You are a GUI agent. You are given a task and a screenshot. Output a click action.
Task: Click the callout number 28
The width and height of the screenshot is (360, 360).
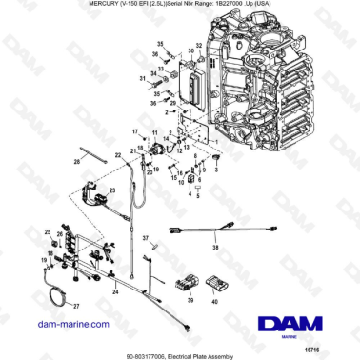(x=78, y=163)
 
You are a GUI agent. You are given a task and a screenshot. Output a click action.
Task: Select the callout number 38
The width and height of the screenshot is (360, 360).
(x=215, y=246)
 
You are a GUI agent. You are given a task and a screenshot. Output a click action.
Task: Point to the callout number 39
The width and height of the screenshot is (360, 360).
(x=190, y=301)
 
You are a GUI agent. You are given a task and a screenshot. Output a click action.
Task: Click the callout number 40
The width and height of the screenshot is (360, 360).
(x=214, y=301)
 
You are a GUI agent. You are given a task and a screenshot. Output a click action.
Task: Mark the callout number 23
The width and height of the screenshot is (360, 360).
(x=112, y=191)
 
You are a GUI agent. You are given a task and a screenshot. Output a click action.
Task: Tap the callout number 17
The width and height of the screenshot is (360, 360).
(x=135, y=130)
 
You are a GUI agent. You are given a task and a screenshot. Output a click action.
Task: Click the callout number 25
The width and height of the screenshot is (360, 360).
(x=48, y=230)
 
